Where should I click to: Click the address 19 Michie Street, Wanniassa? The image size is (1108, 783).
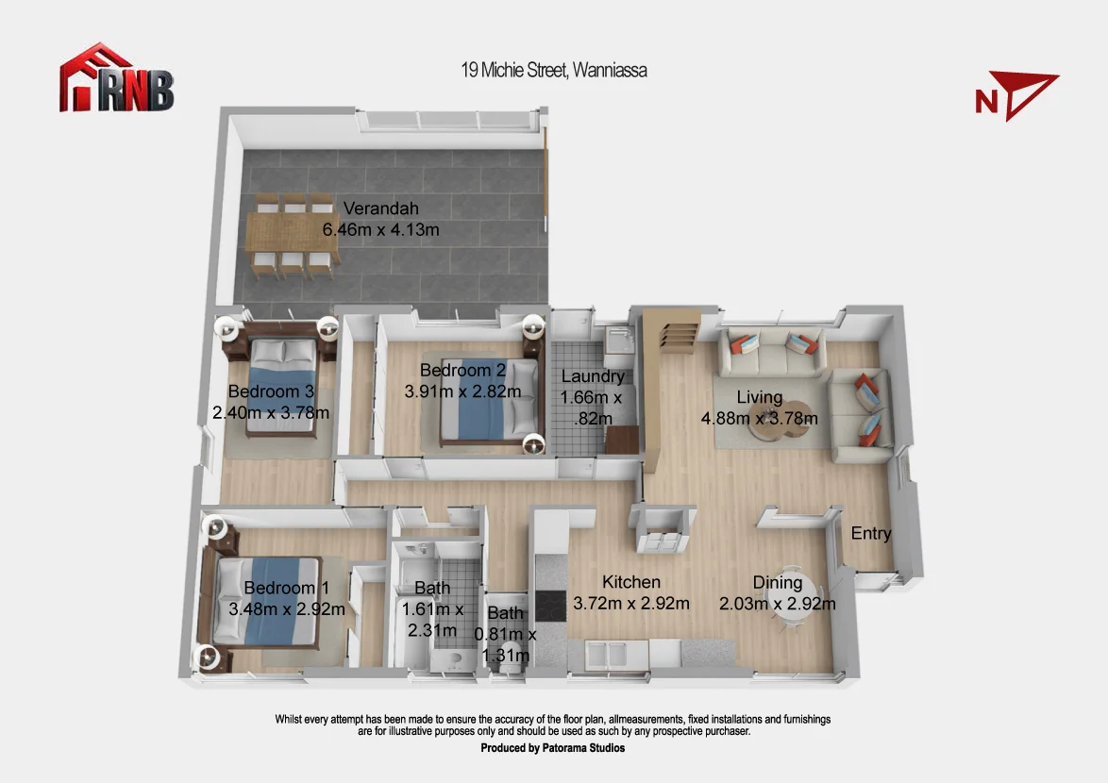[x=553, y=70]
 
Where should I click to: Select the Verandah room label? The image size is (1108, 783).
[x=381, y=208]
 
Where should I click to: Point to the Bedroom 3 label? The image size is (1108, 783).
[x=271, y=391]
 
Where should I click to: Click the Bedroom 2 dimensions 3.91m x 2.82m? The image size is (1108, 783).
[x=462, y=391]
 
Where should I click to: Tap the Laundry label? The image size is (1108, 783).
[x=593, y=376]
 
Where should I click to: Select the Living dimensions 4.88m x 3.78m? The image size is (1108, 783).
[x=760, y=418]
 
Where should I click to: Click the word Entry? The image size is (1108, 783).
[x=870, y=533]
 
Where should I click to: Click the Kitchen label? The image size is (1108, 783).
[x=631, y=582]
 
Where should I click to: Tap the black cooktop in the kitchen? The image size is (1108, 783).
[x=550, y=606]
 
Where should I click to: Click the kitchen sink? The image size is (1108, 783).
[x=606, y=654]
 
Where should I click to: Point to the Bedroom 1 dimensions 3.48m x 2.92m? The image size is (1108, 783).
[x=287, y=608]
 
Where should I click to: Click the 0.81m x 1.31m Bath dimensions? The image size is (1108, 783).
[x=505, y=644]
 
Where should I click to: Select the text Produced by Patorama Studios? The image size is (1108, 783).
[x=553, y=748]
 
